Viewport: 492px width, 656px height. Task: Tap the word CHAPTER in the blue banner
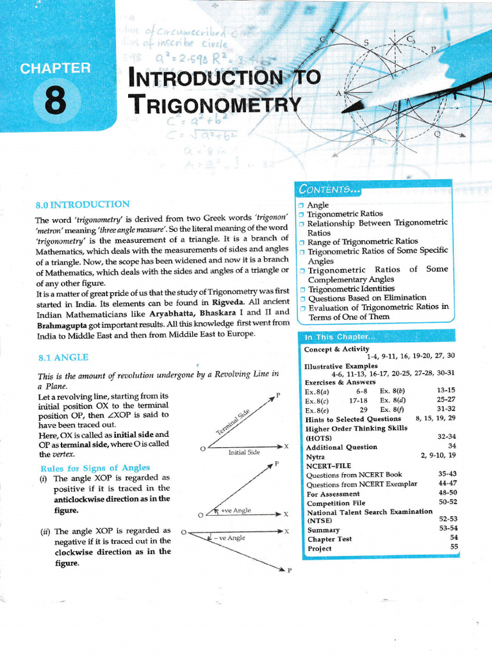(55, 68)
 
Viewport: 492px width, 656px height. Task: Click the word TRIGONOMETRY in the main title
(214, 104)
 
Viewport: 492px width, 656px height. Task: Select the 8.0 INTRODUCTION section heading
(83, 204)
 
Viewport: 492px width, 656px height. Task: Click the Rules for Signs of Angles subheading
(95, 467)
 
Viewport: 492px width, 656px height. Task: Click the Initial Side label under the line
(244, 452)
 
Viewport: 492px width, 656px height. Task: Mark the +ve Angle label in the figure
(235, 511)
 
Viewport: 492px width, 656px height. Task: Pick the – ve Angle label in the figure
(231, 538)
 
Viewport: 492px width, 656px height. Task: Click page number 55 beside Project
(454, 546)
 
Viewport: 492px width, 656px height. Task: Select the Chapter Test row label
(329, 539)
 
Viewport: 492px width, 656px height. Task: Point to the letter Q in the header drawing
(437, 135)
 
